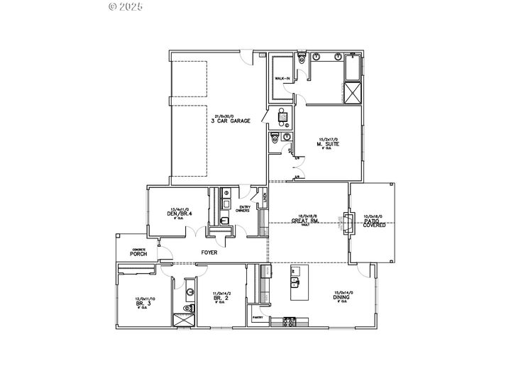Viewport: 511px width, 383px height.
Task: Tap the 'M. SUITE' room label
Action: (328, 144)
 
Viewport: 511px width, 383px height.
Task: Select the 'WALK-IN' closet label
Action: (282, 79)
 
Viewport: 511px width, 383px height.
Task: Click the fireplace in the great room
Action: (348, 223)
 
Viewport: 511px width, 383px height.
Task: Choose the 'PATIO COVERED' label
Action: (371, 223)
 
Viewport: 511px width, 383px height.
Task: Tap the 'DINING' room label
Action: (341, 298)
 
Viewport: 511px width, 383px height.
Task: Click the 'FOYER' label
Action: (209, 252)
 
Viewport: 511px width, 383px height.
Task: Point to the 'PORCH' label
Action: (138, 253)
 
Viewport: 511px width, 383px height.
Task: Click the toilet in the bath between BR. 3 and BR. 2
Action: (188, 309)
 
